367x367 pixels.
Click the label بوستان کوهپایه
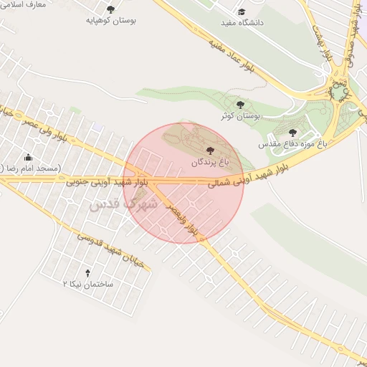click(112, 21)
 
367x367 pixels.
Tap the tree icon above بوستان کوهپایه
click(110, 9)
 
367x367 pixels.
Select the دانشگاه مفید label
click(242, 23)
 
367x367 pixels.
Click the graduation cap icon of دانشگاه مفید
click(242, 12)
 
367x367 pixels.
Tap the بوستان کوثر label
click(239, 115)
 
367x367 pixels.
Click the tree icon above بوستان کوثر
click(239, 105)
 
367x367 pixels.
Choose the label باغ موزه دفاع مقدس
click(292, 143)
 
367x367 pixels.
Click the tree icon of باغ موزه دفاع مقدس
click(292, 133)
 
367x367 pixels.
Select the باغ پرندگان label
click(209, 163)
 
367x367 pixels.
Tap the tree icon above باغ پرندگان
click(209, 151)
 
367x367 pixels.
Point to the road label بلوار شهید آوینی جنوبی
click(108, 183)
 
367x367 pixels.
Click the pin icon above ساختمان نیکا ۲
click(87, 273)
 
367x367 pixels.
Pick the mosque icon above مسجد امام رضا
click(28, 157)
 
